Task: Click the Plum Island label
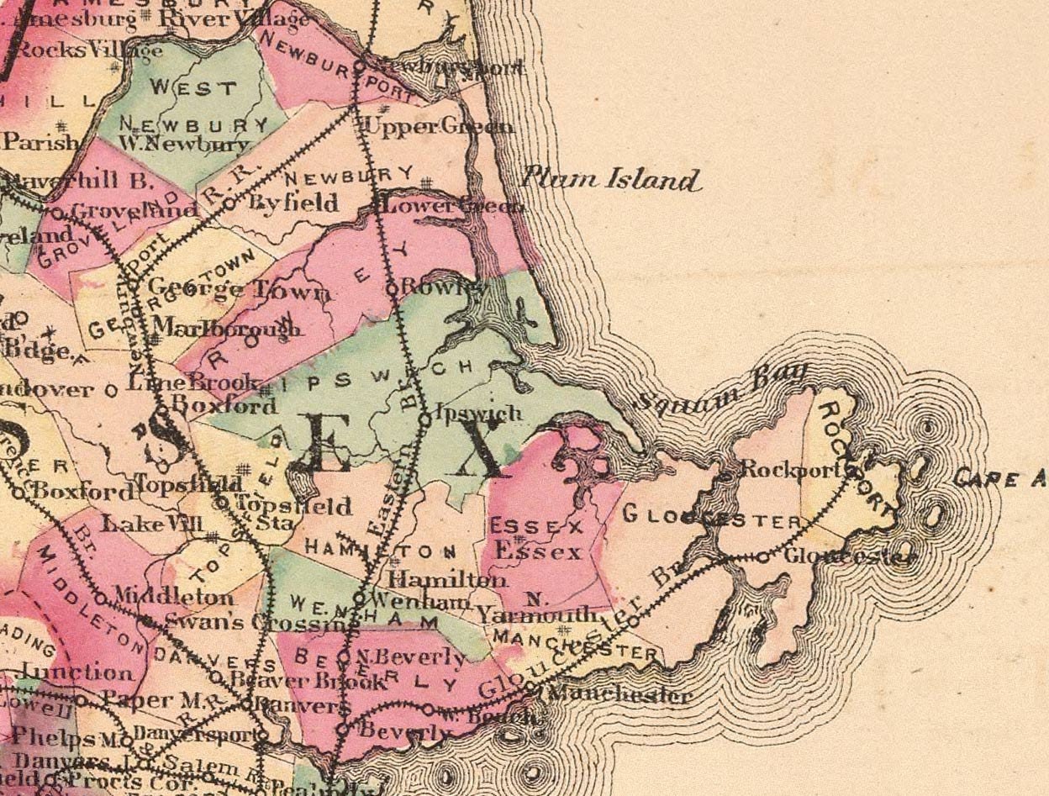click(x=611, y=179)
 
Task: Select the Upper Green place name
click(x=438, y=126)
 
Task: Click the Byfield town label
click(x=294, y=203)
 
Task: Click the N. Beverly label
click(x=412, y=656)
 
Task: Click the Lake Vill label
click(x=152, y=525)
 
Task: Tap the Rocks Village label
click(x=89, y=50)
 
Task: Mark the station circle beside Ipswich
click(x=426, y=415)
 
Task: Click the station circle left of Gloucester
click(x=763, y=556)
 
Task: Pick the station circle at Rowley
click(x=391, y=288)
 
